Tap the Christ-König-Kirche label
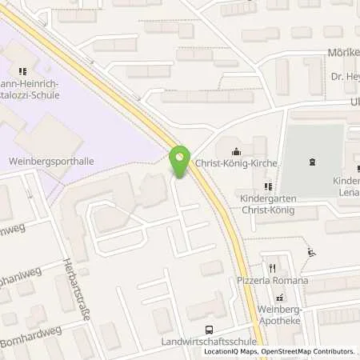click(247, 163)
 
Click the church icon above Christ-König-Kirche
click(235, 151)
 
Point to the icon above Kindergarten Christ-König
click(267, 186)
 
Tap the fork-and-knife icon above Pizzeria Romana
click(272, 268)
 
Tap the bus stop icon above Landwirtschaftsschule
click(210, 328)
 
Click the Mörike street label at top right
click(342, 53)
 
